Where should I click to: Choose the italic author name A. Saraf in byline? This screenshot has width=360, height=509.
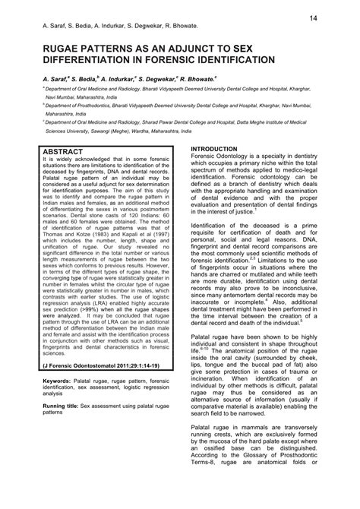[x=58, y=78]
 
